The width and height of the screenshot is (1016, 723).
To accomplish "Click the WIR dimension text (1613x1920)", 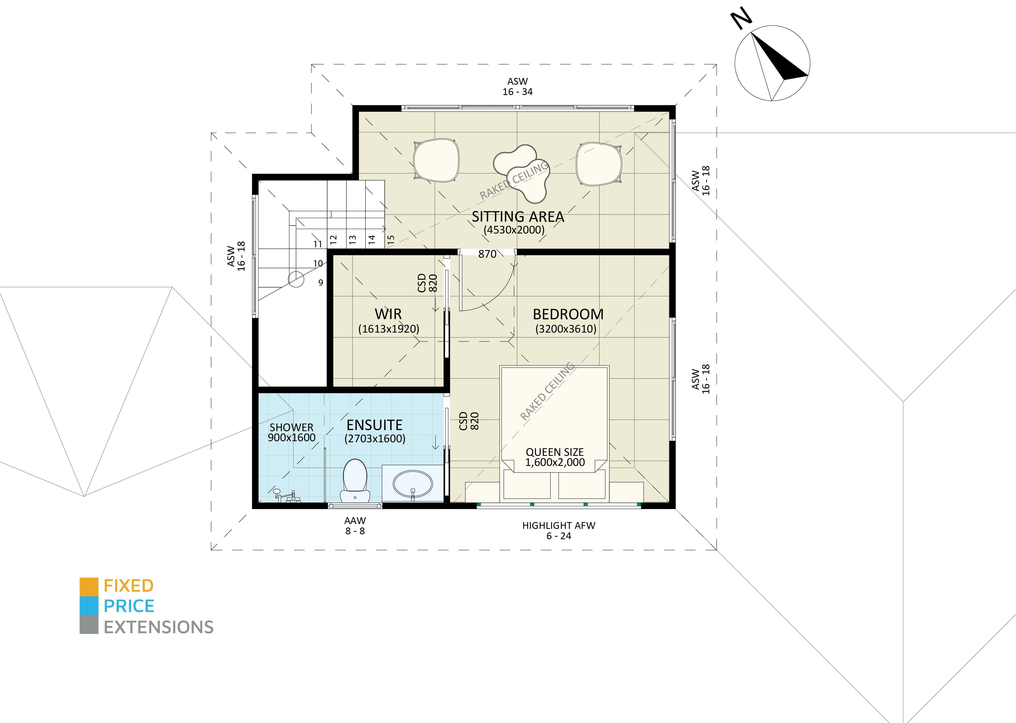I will point(388,329).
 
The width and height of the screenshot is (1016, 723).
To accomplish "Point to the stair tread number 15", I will point(391,239).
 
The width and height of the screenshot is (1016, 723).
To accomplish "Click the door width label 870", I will point(487,254).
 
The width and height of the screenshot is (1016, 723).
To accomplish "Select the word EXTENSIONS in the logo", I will point(158,627).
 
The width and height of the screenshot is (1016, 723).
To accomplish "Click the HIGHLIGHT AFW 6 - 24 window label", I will point(559,531).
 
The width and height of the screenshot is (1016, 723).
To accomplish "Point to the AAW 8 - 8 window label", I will point(355,525).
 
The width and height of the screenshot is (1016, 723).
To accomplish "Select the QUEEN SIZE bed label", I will point(555,457).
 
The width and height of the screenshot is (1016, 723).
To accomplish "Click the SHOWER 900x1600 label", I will point(291,432).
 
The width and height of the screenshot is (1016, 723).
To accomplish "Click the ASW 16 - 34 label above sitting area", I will point(517,86).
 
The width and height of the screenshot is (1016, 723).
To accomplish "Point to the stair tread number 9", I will point(321,283).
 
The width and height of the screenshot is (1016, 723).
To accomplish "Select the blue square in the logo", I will point(88,606).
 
